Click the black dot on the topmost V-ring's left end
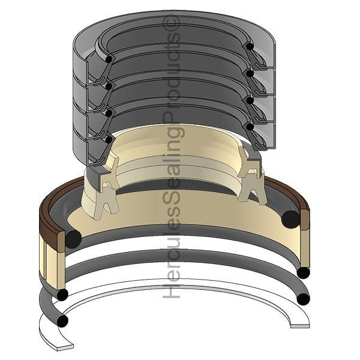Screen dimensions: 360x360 pyautogui.click(x=109, y=59)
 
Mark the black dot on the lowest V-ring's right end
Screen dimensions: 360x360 pyautogui.click(x=248, y=127)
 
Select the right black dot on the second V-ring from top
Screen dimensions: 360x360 pyautogui.click(x=248, y=73)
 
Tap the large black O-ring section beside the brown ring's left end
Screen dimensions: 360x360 pyautogui.click(x=73, y=239)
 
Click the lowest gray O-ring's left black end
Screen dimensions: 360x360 pyautogui.click(x=62, y=321)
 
